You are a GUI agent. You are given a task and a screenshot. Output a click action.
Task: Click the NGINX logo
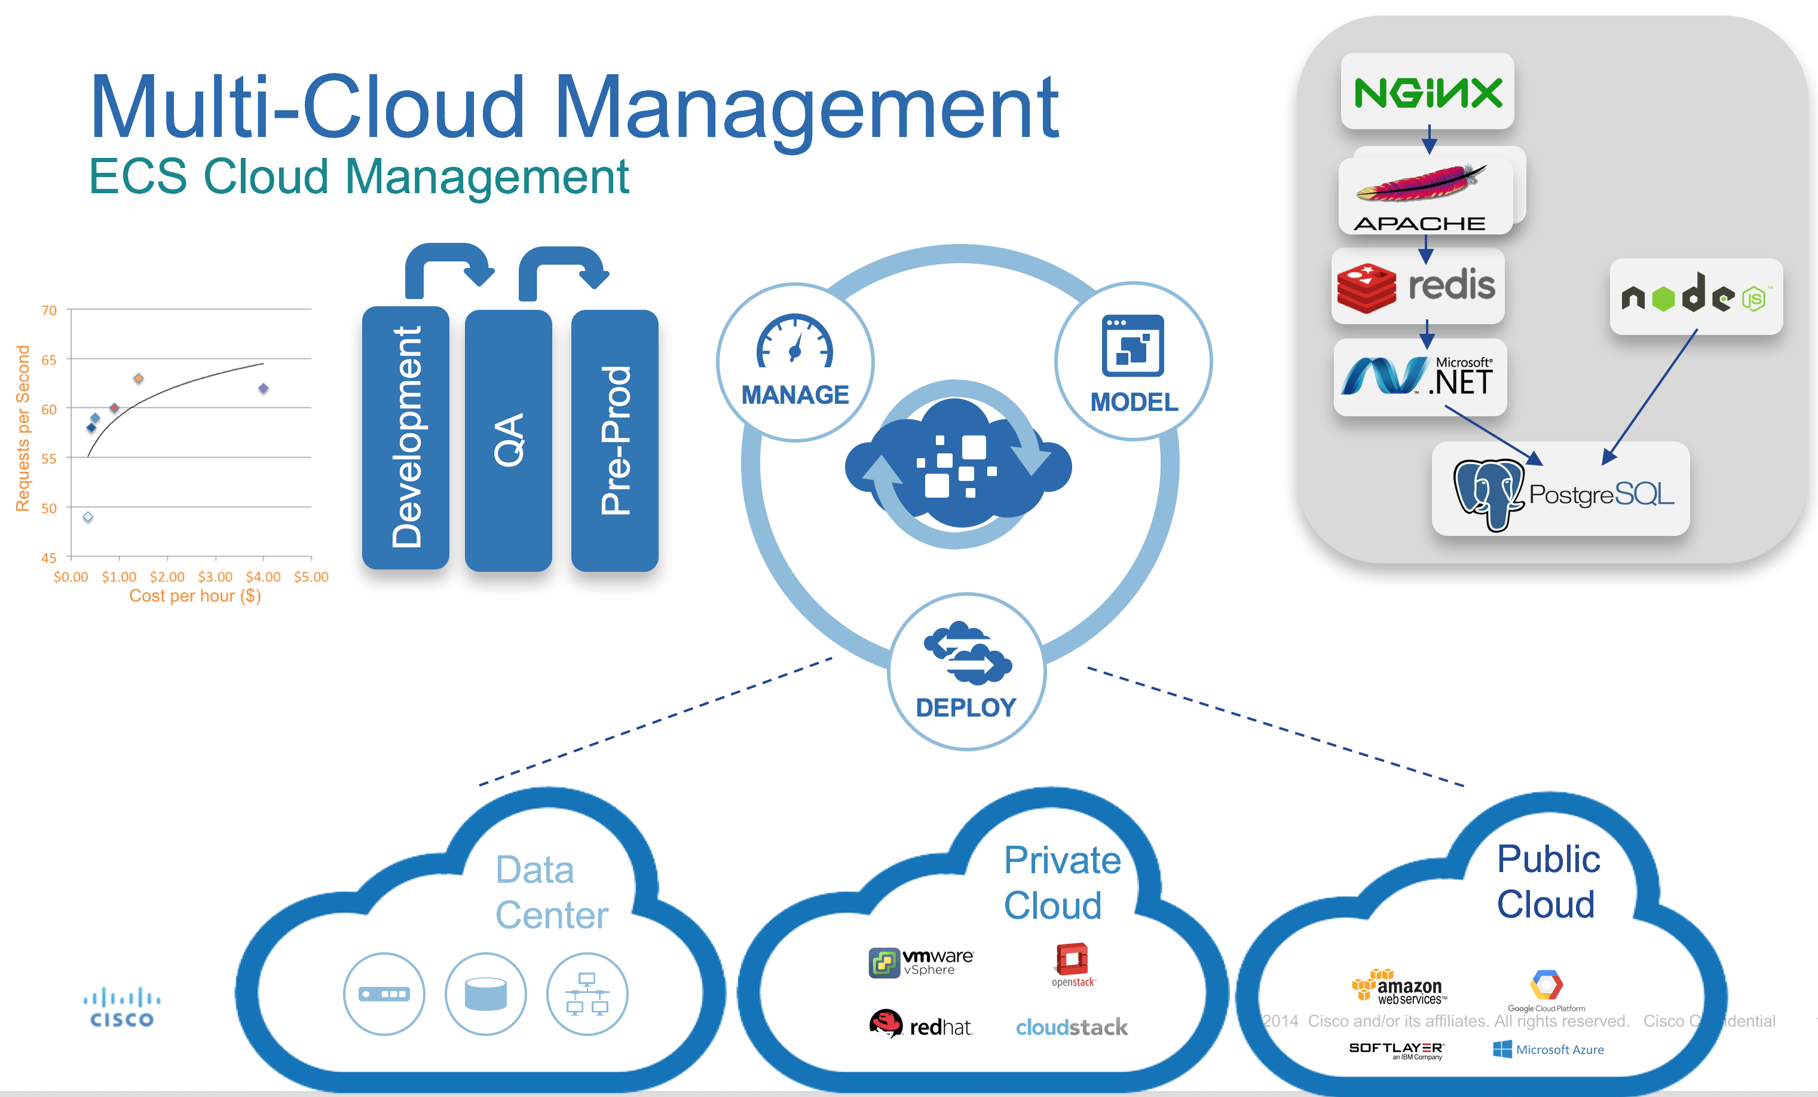[1427, 92]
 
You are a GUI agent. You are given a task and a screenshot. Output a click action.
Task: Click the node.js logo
[1695, 296]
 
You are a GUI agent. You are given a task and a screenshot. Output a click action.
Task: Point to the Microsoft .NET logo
[1419, 376]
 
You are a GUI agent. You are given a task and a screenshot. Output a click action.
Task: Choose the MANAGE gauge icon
[795, 341]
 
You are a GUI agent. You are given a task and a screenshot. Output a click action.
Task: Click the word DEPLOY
[965, 707]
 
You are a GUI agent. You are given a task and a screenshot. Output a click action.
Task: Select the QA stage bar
[509, 440]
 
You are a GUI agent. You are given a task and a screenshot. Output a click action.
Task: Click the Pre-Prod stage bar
[614, 440]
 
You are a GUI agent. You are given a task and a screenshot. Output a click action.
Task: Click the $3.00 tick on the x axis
[215, 577]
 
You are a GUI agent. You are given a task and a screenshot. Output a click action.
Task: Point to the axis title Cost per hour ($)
[195, 596]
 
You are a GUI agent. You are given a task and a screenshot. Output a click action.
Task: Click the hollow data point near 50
[88, 517]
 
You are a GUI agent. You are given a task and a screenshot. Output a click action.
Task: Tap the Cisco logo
[122, 1008]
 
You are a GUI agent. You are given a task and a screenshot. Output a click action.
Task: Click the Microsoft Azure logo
[1548, 1049]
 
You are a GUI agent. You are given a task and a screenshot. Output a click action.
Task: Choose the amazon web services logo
[1398, 986]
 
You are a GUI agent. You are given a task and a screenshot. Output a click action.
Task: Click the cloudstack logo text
[1072, 1027]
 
